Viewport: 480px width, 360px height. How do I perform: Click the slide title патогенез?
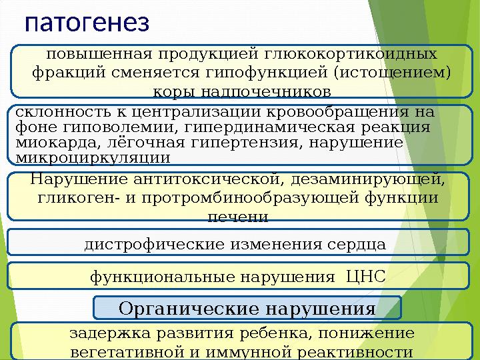[87, 21]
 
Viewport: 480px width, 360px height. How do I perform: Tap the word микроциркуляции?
[92, 158]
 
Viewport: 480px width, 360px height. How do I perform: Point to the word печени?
[239, 217]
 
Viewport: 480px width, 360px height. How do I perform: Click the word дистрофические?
[153, 245]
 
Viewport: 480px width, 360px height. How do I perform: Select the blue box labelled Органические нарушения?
[247, 308]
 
